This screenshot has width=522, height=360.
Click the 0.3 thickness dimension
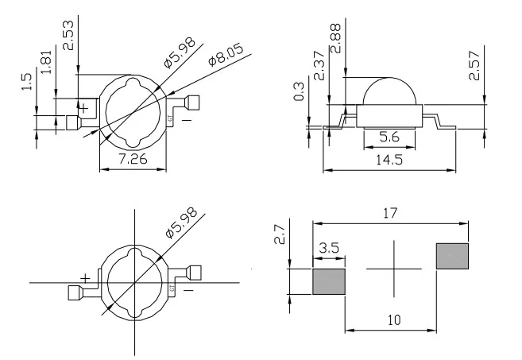coord(298,92)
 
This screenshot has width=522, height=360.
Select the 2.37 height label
coord(319,66)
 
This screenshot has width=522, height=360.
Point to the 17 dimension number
coord(389,213)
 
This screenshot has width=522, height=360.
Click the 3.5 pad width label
coord(327,249)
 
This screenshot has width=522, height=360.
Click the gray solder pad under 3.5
coord(329,281)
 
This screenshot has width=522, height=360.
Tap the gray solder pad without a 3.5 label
coord(452,257)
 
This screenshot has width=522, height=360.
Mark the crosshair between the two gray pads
coord(392,269)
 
